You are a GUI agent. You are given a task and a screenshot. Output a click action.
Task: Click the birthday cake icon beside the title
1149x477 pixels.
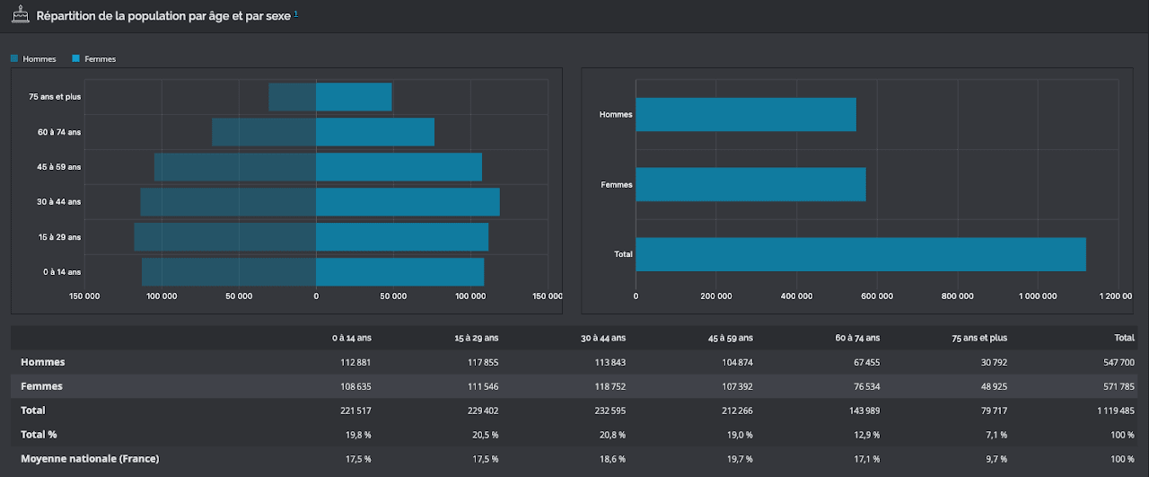point(21,14)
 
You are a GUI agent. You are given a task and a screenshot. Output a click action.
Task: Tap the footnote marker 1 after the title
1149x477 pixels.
point(296,13)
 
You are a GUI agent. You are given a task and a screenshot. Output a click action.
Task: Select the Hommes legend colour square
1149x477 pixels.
point(14,58)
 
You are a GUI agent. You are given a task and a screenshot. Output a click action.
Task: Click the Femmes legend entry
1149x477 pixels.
point(94,58)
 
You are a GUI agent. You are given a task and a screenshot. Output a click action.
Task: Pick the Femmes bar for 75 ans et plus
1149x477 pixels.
point(354,96)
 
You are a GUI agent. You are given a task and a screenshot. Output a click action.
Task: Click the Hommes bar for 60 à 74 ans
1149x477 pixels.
point(264,132)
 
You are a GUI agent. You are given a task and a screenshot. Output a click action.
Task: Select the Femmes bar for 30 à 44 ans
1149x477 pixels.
point(408,202)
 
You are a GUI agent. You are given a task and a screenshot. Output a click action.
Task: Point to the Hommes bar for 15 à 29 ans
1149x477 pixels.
point(225,236)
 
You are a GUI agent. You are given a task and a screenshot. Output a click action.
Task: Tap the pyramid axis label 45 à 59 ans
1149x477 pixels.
point(59,167)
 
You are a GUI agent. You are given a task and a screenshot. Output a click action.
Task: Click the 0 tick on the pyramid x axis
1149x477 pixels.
point(316,296)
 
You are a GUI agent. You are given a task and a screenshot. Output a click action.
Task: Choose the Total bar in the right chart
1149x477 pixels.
point(861,254)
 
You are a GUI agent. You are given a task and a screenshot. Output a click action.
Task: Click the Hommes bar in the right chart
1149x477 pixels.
point(746,114)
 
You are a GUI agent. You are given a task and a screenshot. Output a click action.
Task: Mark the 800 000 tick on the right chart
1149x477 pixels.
point(957,296)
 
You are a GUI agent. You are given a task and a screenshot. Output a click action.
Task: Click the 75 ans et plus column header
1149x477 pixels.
point(979,338)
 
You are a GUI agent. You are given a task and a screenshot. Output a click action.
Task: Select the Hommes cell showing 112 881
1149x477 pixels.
point(355,363)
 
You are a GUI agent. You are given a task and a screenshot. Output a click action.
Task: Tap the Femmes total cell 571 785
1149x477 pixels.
point(1118,386)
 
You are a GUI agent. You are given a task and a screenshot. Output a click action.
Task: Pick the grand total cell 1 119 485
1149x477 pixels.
point(1116,411)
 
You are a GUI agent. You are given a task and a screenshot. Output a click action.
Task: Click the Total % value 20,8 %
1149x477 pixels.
point(612,435)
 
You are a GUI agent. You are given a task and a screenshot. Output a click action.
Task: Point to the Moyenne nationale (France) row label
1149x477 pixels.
point(90,458)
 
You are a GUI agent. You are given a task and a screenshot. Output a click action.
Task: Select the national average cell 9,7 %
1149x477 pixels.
point(996,459)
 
